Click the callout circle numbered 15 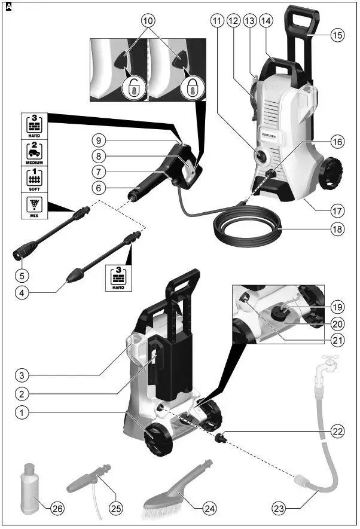[x=338, y=35]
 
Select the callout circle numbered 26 [x=56, y=509]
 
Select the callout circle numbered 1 [x=22, y=412]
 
